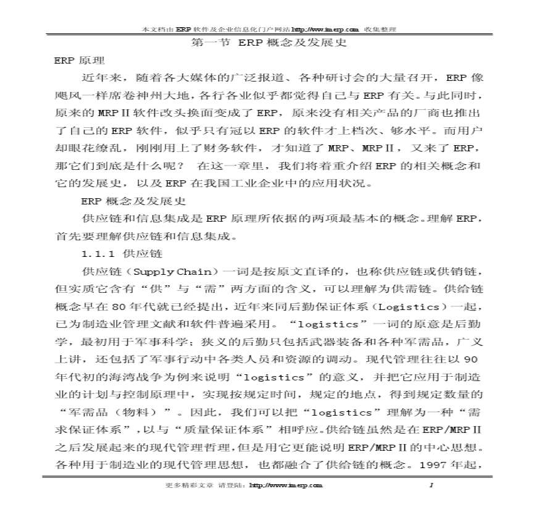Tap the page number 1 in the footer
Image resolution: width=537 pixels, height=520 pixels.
(431, 485)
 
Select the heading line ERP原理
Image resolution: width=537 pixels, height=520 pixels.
(80, 61)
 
